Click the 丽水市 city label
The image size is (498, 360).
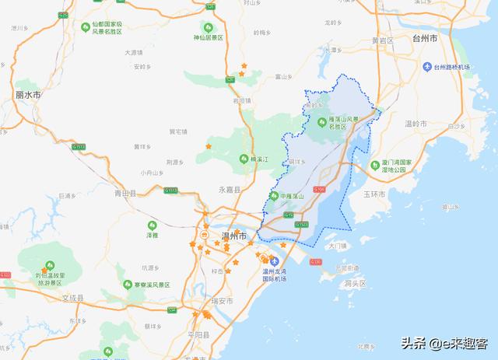[27, 94]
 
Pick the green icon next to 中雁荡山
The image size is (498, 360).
[274, 194]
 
